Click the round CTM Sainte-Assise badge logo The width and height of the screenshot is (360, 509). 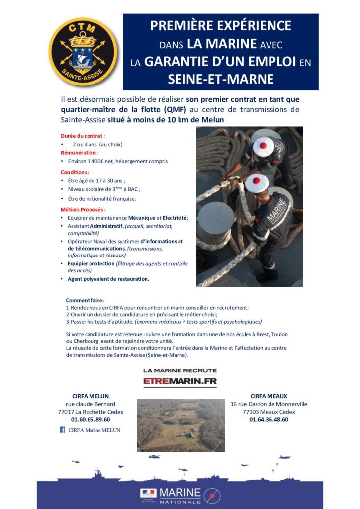(x=83, y=52)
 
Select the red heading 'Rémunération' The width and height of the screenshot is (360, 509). (x=80, y=153)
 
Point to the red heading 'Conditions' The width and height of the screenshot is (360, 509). (x=75, y=172)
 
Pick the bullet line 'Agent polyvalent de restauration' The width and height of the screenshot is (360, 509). (x=108, y=279)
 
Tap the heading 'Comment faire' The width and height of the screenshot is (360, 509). (x=85, y=300)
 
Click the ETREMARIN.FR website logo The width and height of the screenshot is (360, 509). (x=180, y=381)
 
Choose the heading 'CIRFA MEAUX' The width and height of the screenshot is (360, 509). (x=269, y=396)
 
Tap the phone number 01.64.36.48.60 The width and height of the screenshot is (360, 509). (x=269, y=419)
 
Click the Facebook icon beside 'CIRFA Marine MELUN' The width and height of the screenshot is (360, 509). (x=63, y=430)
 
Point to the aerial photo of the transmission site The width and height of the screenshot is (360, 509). (x=180, y=425)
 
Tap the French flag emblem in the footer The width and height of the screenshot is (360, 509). (x=149, y=493)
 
